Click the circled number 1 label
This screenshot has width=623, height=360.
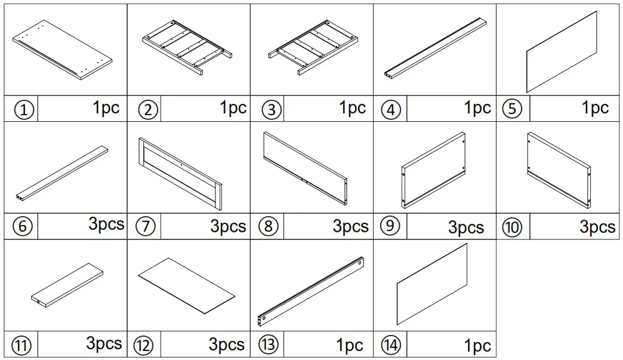coord(24,110)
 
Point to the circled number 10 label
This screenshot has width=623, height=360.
coord(511,227)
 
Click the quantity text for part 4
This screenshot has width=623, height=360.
coord(477,108)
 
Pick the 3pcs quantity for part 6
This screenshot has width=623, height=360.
coord(106,224)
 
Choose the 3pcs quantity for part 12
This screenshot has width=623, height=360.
coord(226,344)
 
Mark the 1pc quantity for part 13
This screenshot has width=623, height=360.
coord(350,345)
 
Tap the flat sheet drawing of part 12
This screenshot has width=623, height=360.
coord(187,285)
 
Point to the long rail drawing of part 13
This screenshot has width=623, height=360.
coord(311,291)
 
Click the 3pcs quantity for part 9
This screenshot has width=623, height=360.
coord(465,227)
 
